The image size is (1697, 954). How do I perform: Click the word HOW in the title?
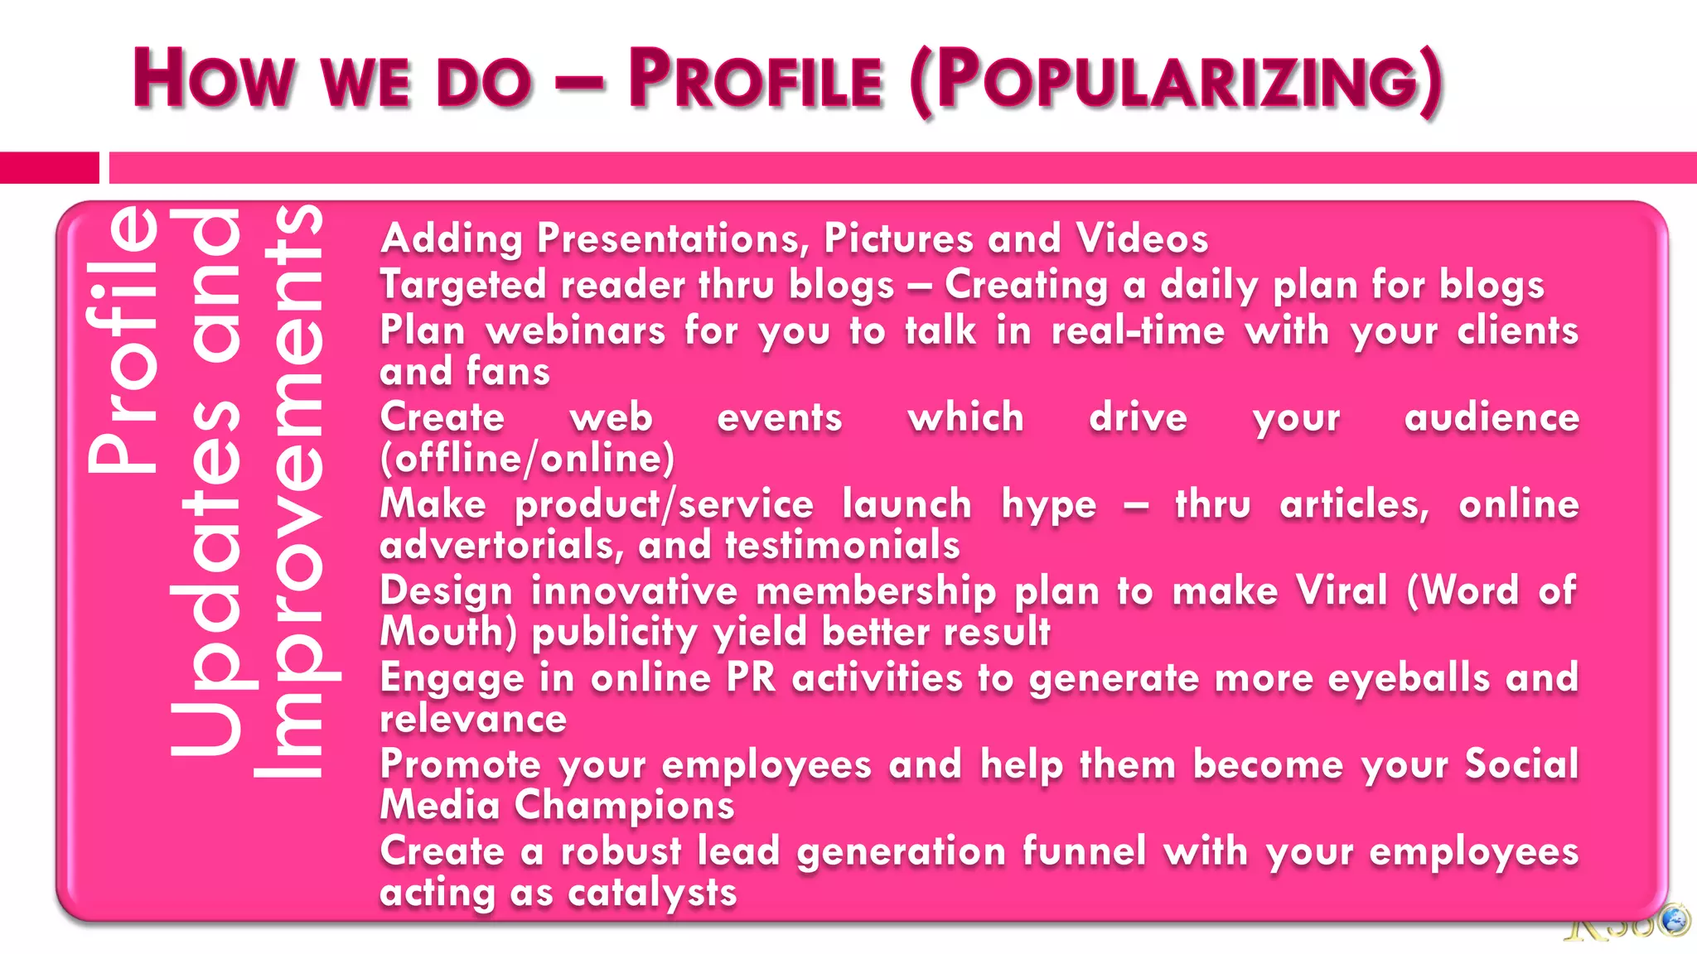(x=213, y=79)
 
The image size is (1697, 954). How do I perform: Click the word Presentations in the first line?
(x=672, y=239)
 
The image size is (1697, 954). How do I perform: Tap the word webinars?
(x=576, y=331)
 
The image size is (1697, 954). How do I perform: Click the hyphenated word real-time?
(x=1138, y=331)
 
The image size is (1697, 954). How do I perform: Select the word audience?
(x=1492, y=417)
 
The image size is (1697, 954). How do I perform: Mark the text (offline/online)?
(x=527, y=459)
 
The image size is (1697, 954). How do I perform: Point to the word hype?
(x=1048, y=505)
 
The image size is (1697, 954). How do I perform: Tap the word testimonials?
(x=842, y=546)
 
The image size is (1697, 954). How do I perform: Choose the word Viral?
(x=1342, y=591)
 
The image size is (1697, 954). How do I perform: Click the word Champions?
(x=624, y=806)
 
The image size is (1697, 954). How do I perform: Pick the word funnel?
(x=1084, y=851)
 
